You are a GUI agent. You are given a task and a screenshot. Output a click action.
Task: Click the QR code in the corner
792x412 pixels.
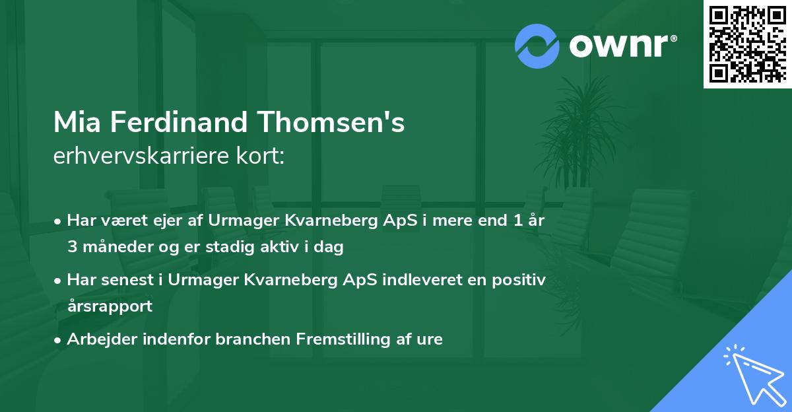coord(747,44)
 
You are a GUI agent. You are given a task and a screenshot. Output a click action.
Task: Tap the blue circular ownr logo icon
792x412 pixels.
coord(537,46)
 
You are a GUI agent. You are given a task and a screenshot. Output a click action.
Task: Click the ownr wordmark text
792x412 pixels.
coord(623,46)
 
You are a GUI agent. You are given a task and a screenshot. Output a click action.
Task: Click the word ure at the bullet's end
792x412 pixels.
coord(430,339)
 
